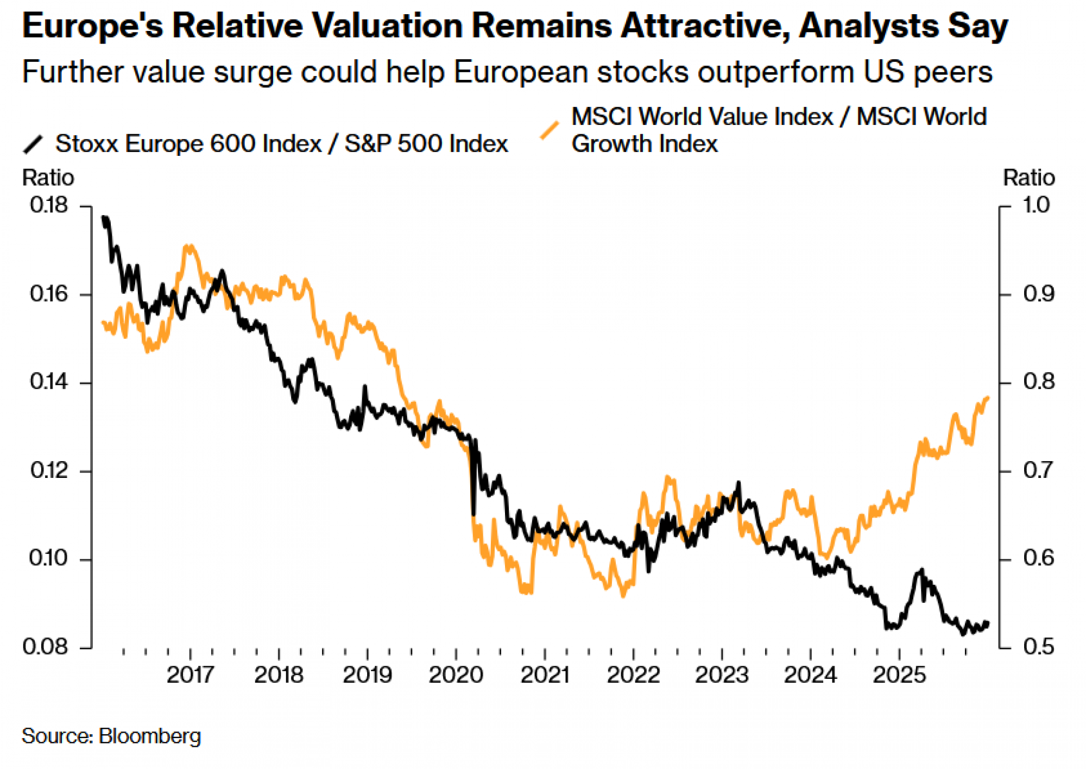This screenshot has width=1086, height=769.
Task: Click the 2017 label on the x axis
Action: pyautogui.click(x=190, y=675)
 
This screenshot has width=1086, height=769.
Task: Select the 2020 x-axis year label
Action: pyautogui.click(x=456, y=675)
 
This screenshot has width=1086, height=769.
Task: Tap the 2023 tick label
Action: pyautogui.click(x=722, y=675)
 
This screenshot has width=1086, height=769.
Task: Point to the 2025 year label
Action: pyautogui.click(x=899, y=675)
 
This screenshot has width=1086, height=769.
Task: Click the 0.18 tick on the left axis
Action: pyautogui.click(x=49, y=205)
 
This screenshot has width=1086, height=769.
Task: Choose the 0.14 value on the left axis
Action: pyautogui.click(x=49, y=382)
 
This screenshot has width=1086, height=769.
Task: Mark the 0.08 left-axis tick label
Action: pyautogui.click(x=46, y=647)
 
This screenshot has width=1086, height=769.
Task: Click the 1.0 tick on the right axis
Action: pyautogui.click(x=1036, y=205)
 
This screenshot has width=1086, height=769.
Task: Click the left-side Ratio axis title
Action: pyautogui.click(x=48, y=178)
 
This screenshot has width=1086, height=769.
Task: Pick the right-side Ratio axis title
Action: pyautogui.click(x=1028, y=178)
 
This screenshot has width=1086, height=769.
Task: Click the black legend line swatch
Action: pyautogui.click(x=33, y=144)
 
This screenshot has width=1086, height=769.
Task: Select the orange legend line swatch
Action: pyautogui.click(x=550, y=130)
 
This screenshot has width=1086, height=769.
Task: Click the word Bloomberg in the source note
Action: pyautogui.click(x=150, y=736)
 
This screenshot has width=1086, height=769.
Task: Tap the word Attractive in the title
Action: pyautogui.click(x=705, y=26)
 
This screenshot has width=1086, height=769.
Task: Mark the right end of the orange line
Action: pyautogui.click(x=988, y=398)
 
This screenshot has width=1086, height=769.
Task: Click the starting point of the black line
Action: pyautogui.click(x=104, y=217)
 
